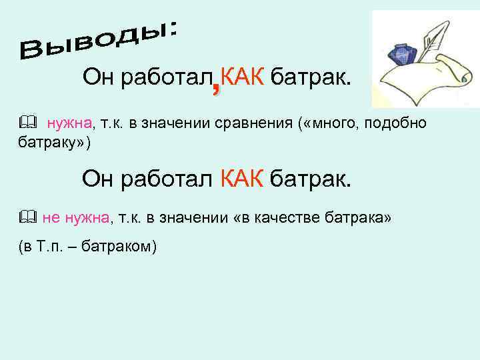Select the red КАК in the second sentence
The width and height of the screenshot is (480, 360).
coord(242,179)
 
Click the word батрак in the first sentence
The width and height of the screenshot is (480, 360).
coord(310,77)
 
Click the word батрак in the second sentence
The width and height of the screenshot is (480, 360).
coord(310,179)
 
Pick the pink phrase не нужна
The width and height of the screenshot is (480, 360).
coord(75,217)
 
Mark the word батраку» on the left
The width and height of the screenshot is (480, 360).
coord(50,143)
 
